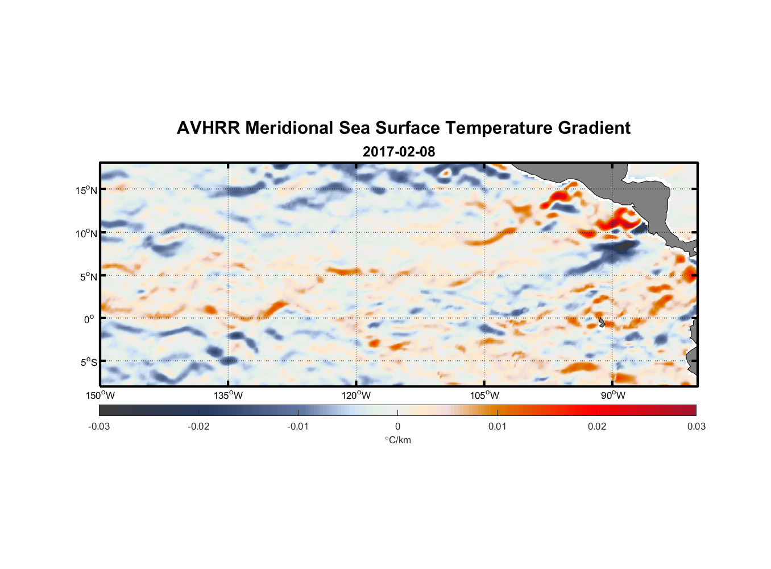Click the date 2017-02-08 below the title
click(399, 152)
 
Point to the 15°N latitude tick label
click(86, 190)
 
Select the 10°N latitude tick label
click(86, 233)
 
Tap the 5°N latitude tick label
click(89, 277)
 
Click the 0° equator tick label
click(89, 319)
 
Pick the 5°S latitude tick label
click(89, 362)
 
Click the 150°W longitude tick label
click(100, 395)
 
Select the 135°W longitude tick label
click(228, 395)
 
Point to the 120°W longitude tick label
click(356, 395)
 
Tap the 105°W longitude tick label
click(484, 395)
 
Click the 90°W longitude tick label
click(613, 395)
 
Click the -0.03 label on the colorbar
click(99, 426)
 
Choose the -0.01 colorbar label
click(298, 426)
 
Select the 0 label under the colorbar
click(397, 426)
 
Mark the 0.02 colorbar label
click(597, 426)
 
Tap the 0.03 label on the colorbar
click(696, 426)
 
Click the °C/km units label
click(397, 440)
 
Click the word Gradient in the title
click(594, 128)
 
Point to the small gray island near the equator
click(601, 322)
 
